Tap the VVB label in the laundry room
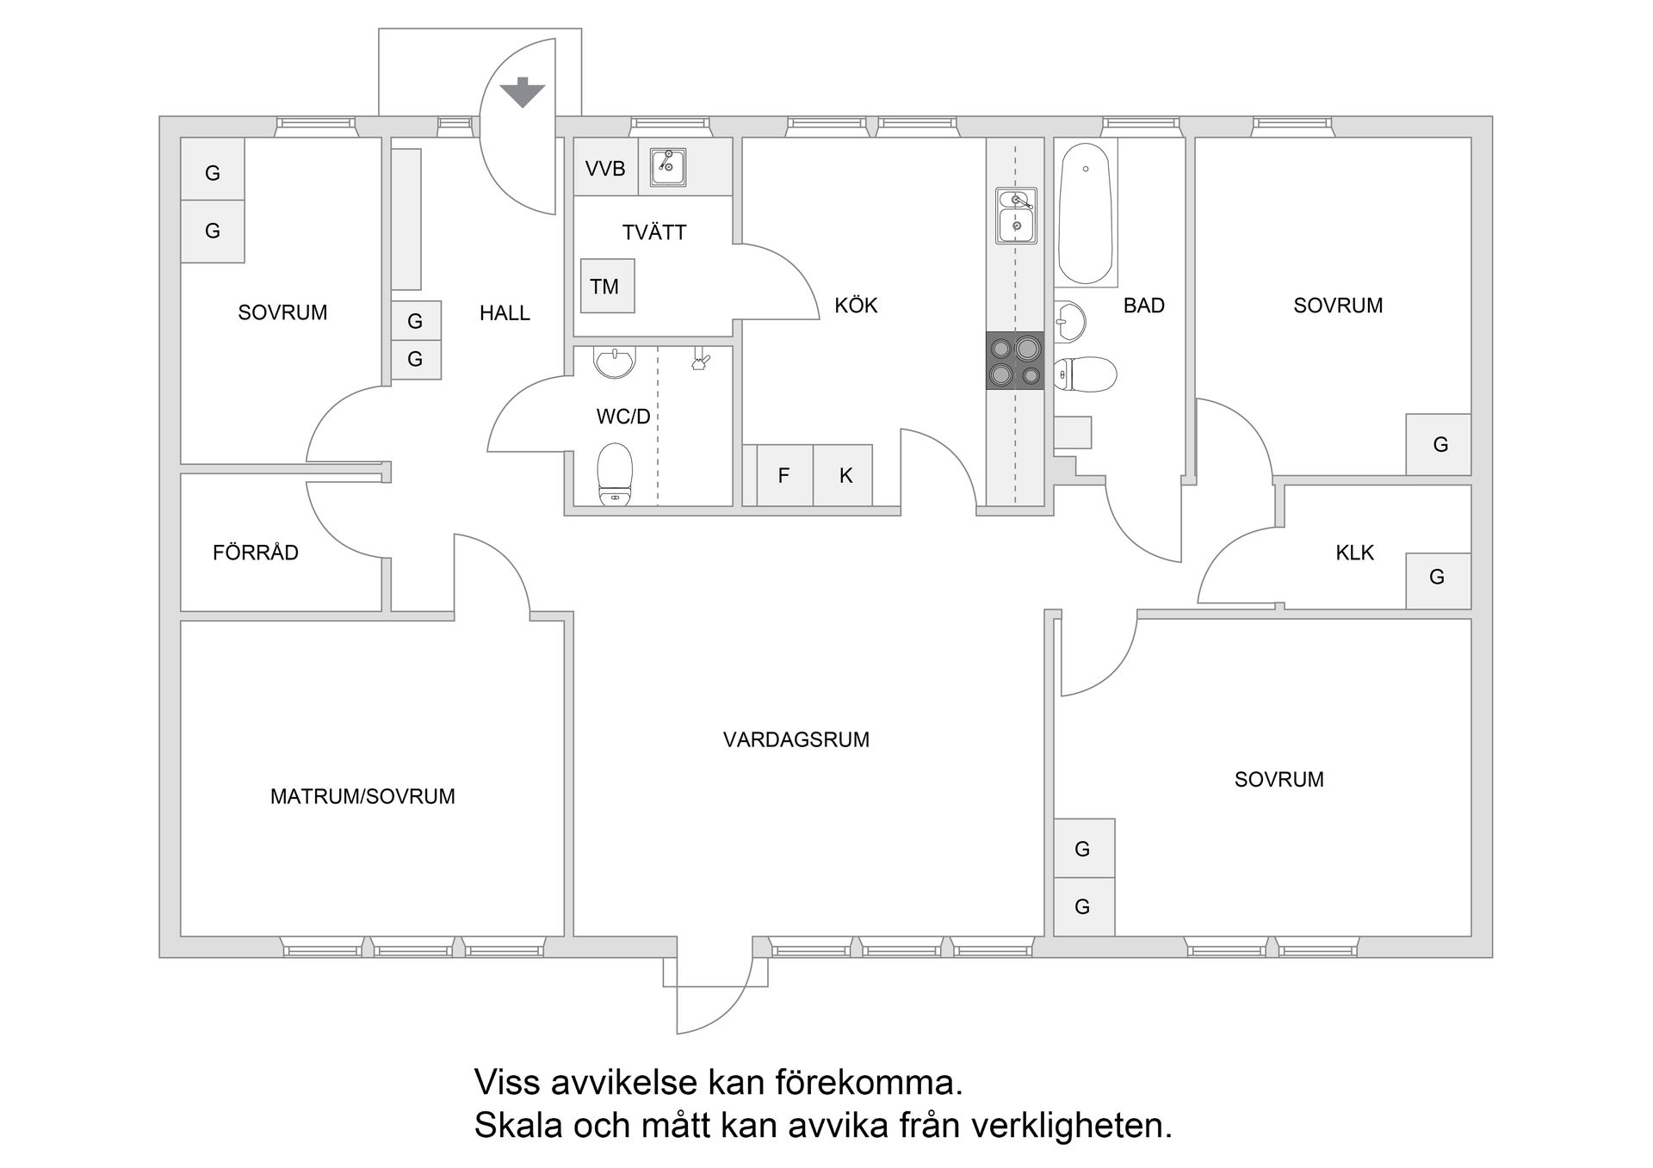(605, 169)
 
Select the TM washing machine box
(606, 287)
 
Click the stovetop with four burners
(1015, 361)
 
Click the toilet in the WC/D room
(614, 473)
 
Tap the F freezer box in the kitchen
(783, 475)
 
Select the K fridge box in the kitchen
(845, 475)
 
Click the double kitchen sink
(1016, 215)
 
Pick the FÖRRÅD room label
(256, 553)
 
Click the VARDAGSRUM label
(796, 739)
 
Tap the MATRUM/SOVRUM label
(362, 796)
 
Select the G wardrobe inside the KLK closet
(1437, 578)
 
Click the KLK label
(1354, 553)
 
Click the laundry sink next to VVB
(667, 167)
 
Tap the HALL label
(505, 313)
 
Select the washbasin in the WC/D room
(614, 362)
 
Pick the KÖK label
(856, 306)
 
